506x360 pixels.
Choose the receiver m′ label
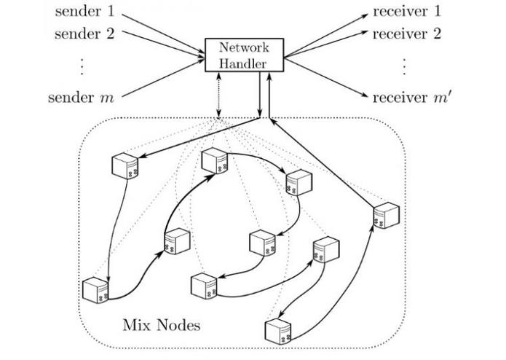[409, 97]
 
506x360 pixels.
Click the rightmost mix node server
[386, 216]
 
